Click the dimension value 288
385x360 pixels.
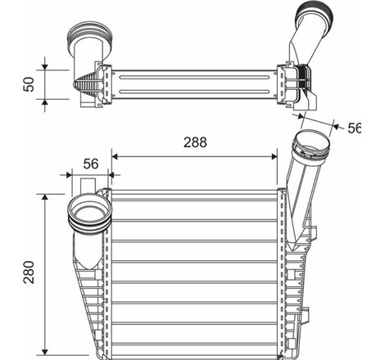pyautogui.click(x=196, y=142)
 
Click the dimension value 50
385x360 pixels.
pyautogui.click(x=29, y=84)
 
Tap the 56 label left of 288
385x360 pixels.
pyautogui.click(x=90, y=164)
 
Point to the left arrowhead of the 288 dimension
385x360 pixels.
pyautogui.click(x=115, y=154)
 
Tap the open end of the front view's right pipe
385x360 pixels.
pyautogui.click(x=311, y=145)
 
